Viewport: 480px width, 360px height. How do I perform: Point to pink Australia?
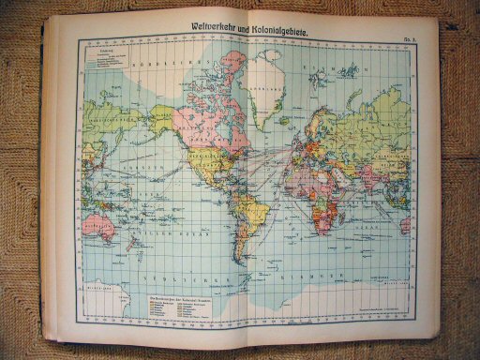point(96,221)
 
